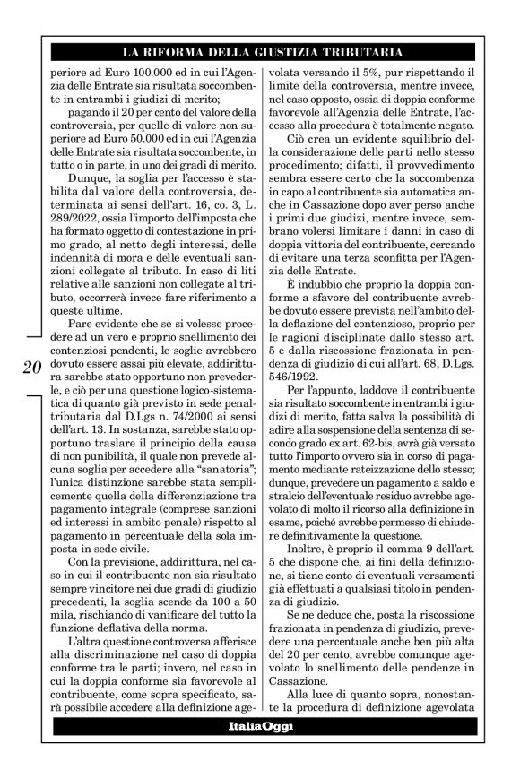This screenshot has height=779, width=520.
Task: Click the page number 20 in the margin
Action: (x=30, y=342)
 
